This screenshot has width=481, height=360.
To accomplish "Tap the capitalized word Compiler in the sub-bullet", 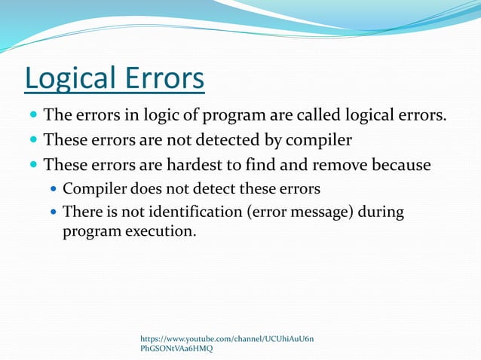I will point(93,188).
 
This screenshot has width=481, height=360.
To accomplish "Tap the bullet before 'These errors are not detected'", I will point(32,141).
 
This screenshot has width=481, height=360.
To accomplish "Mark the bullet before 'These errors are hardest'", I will point(32,165).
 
